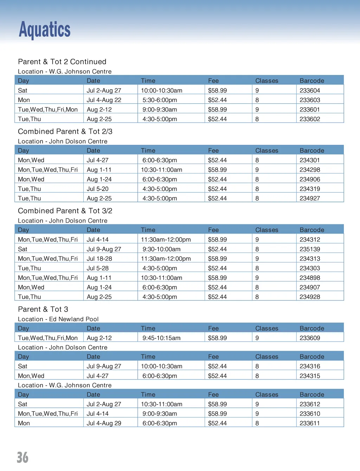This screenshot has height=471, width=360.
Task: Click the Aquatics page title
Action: [45, 30]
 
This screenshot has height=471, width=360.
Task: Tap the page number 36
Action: [22, 457]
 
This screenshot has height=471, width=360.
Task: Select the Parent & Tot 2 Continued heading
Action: [62, 62]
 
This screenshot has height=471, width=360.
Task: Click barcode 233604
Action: [310, 90]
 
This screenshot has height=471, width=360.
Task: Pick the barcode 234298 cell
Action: [310, 170]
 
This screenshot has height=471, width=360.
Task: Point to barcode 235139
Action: [310, 249]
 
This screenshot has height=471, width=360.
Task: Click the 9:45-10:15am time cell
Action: [161, 338]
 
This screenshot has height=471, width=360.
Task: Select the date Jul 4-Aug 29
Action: [104, 423]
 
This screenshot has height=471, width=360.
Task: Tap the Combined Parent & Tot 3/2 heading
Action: [65, 211]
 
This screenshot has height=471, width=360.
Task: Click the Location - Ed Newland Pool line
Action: [58, 319]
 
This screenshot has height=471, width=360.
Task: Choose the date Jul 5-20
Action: [97, 189]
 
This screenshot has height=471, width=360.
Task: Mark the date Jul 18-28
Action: [99, 259]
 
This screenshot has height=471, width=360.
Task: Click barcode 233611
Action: [310, 423]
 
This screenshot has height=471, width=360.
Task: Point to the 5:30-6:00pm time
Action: [160, 100]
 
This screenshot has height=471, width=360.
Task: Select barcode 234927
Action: [310, 198]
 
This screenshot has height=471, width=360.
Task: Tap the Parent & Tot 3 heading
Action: [43, 310]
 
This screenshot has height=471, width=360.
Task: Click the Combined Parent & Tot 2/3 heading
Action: [65, 132]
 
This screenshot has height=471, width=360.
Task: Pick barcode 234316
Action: [310, 366]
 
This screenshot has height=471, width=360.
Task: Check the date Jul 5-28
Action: [97, 268]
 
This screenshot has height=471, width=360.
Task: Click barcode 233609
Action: [310, 338]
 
